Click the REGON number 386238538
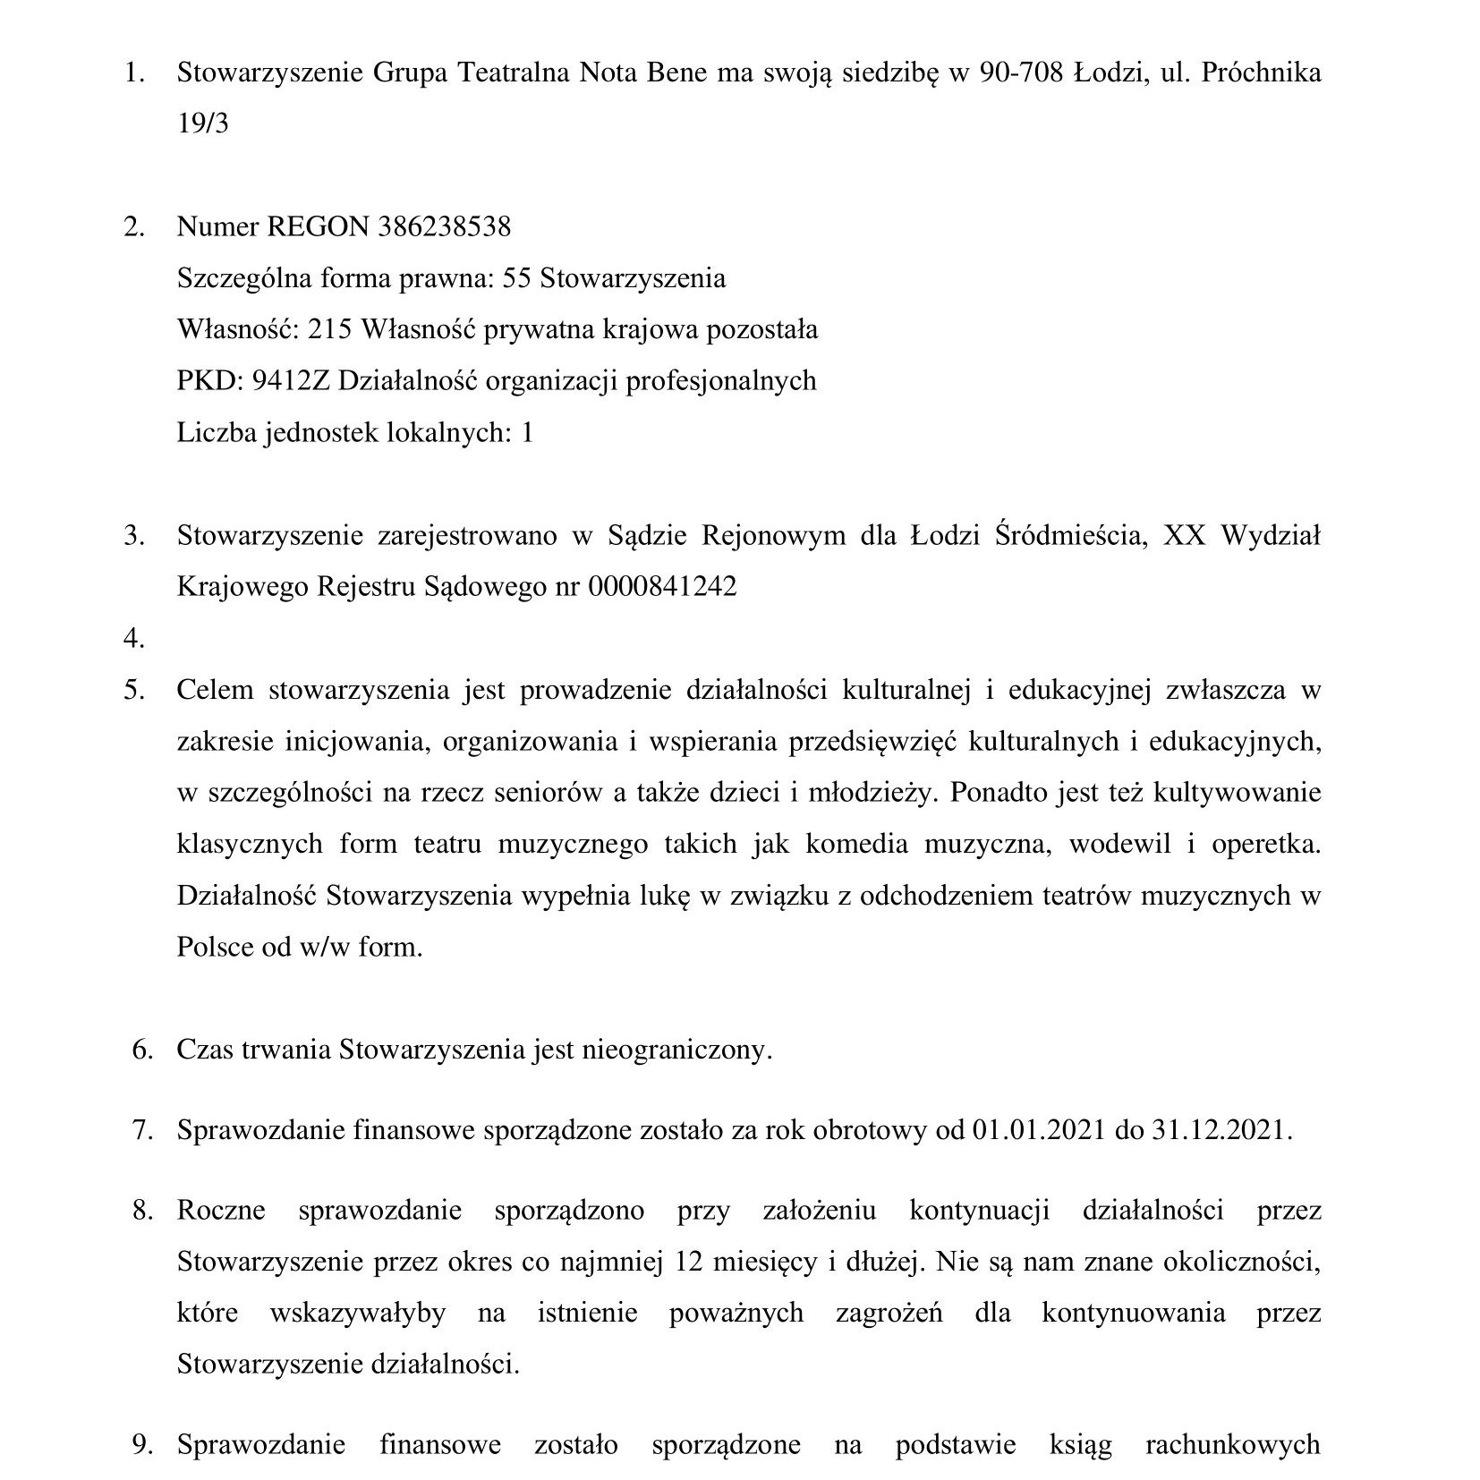pos(445,226)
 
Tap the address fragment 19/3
pos(203,123)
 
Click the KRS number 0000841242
pos(662,587)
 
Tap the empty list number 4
pos(134,639)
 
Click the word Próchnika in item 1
pos(1261,72)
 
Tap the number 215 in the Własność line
pos(329,330)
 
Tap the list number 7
pos(142,1130)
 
